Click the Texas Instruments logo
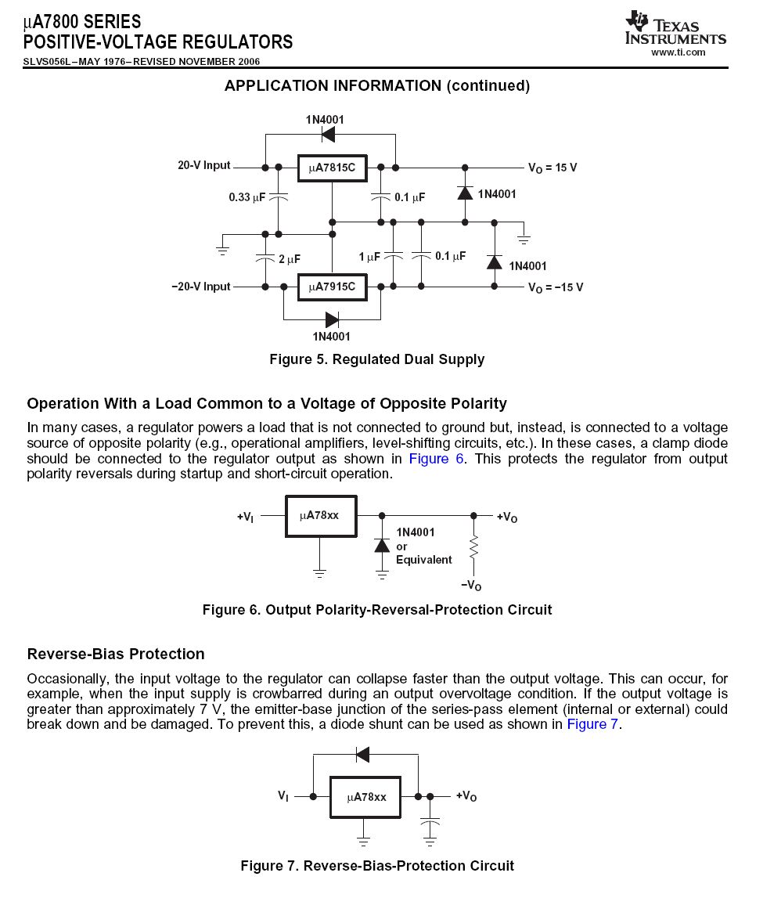coord(675,28)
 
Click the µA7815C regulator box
coord(331,168)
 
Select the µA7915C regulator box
coord(331,287)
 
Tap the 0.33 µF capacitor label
coord(247,197)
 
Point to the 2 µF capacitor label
coord(289,258)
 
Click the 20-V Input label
coord(203,166)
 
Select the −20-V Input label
coord(201,287)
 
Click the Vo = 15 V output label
coord(552,168)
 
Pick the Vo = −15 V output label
coord(556,288)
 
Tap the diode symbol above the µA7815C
coord(328,135)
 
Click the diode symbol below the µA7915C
coord(332,319)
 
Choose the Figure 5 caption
coord(376,359)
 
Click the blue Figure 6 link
coord(436,459)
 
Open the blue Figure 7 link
coord(592,724)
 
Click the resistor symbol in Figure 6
coord(473,547)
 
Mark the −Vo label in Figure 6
coord(471,586)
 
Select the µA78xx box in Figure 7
coord(365,797)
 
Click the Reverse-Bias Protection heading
coord(116,655)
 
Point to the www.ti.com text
coord(678,52)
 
